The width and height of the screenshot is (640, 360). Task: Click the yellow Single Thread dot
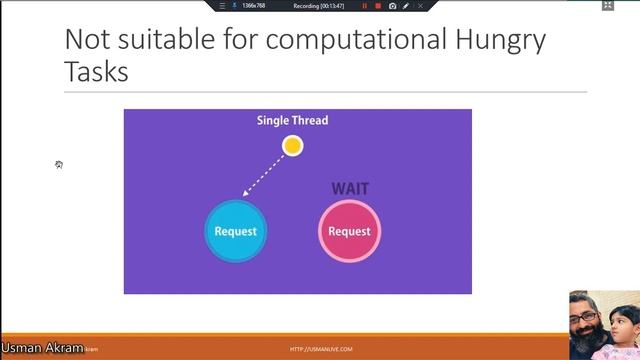tap(292, 146)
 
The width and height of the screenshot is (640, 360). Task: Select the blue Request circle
tap(235, 231)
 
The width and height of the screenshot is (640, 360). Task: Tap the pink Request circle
tap(349, 231)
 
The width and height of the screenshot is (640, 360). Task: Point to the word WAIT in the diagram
tap(351, 188)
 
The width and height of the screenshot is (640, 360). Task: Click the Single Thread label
tap(292, 121)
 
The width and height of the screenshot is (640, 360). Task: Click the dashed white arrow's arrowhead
tap(245, 193)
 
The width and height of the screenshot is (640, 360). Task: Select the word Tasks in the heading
tap(96, 73)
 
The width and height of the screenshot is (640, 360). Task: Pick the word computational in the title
tap(339, 40)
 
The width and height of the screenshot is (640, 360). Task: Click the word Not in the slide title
tap(86, 40)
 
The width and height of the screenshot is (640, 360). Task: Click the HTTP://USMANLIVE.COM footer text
tap(321, 349)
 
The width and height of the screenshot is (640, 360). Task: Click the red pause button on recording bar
tap(364, 6)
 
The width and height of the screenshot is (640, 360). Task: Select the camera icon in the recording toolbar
tap(392, 6)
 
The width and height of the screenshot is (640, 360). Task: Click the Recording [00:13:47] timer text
tap(319, 6)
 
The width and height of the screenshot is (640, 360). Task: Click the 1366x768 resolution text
tap(253, 6)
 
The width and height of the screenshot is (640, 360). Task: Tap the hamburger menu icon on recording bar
tap(222, 6)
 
